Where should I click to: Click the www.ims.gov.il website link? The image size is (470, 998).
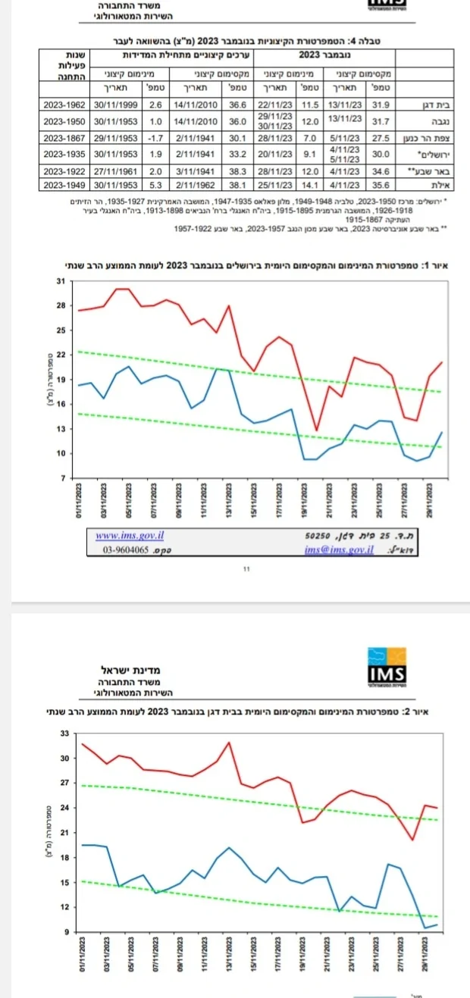pos(121,535)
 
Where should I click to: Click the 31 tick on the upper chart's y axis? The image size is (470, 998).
pos(61,281)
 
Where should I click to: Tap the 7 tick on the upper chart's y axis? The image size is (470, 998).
pos(64,479)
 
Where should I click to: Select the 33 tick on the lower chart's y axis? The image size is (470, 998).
pos(64,734)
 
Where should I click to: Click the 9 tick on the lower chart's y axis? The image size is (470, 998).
pos(66,932)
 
